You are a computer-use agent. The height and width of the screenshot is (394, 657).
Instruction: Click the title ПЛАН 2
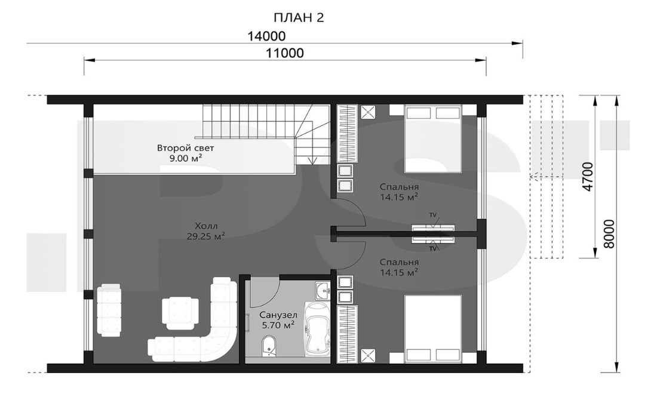298,17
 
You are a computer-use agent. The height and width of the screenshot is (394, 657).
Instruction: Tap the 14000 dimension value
266,36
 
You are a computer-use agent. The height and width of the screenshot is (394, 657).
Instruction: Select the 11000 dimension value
285,53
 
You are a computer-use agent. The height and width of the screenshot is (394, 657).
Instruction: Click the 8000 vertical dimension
609,233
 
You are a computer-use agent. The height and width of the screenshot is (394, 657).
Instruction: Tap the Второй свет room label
185,148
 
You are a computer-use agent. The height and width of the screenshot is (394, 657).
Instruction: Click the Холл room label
206,226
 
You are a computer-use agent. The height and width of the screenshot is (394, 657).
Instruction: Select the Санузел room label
278,315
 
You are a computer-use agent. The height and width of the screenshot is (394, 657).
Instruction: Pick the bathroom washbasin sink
323,290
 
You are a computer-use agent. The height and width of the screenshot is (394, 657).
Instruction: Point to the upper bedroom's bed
433,138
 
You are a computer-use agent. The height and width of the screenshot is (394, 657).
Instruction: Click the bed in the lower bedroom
433,329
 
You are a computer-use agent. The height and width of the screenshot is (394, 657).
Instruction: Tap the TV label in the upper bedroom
432,216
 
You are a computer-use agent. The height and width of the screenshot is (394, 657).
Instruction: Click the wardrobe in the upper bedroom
348,133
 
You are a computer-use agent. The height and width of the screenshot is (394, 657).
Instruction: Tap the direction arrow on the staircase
312,161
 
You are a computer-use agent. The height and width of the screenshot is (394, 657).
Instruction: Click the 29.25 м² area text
206,236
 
